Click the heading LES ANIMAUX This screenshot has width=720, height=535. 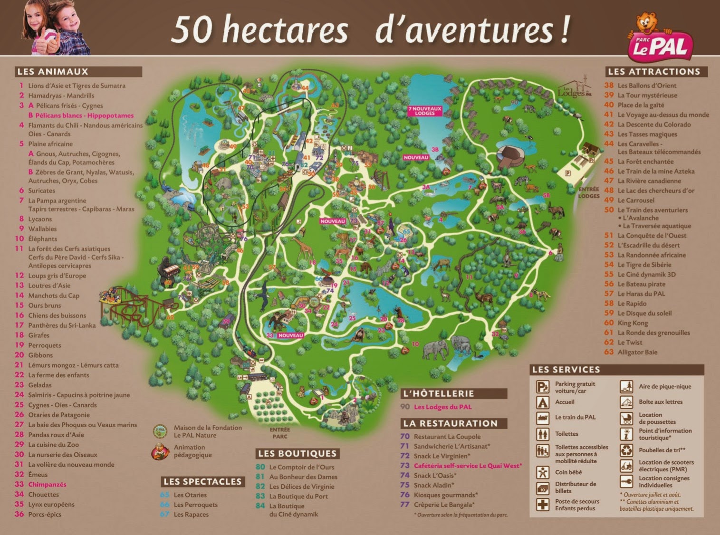pyautogui.click(x=53, y=72)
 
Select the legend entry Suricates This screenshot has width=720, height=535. pyautogui.click(x=41, y=191)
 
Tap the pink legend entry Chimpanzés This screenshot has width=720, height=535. pyautogui.click(x=47, y=485)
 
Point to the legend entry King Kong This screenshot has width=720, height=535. pyautogui.click(x=632, y=323)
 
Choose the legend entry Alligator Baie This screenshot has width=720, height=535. pyautogui.click(x=637, y=352)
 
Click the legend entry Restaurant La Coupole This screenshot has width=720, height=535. pyautogui.click(x=447, y=437)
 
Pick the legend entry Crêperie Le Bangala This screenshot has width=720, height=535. pyautogui.click(x=444, y=505)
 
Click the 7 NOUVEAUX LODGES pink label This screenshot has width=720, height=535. pyautogui.click(x=424, y=111)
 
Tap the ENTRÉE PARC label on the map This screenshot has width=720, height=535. pyautogui.click(x=279, y=433)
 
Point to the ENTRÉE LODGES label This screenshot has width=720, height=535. pyautogui.click(x=588, y=192)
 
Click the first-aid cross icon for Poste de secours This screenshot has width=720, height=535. pyautogui.click(x=542, y=505)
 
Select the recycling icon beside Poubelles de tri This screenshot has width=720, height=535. pyautogui.click(x=626, y=450)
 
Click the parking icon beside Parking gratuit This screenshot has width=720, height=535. pyautogui.click(x=542, y=387)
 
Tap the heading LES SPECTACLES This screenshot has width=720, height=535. pyautogui.click(x=202, y=482)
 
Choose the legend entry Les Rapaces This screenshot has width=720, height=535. pyautogui.click(x=191, y=515)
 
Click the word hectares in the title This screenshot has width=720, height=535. pyautogui.click(x=285, y=30)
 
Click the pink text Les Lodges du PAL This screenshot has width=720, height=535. pyautogui.click(x=442, y=407)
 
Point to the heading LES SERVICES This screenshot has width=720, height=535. pyautogui.click(x=566, y=370)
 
